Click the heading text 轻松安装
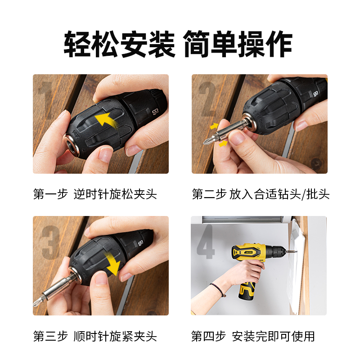pos(119,44)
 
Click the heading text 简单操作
pos(238,44)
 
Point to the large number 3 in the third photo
pos(51,243)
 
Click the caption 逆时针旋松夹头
pos(115,194)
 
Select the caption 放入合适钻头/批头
pos(279,194)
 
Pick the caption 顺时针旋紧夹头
pos(115,336)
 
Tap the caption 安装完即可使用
pos(273,336)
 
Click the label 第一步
pos(50,194)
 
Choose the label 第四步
pos(209,336)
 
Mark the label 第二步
pos(209,194)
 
